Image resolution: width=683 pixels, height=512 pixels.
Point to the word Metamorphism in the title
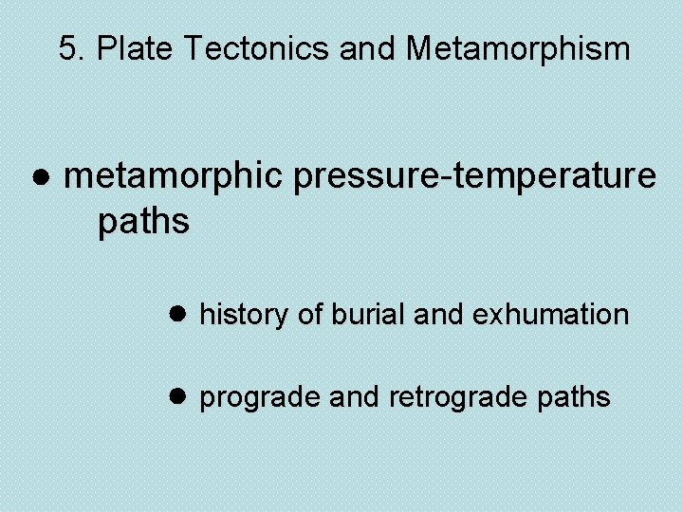[518, 48]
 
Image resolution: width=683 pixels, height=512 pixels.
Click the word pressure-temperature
[474, 175]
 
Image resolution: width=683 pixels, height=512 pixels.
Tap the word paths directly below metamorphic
[144, 222]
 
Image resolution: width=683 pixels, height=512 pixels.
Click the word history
[246, 314]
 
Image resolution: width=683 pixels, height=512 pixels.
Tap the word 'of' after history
[309, 314]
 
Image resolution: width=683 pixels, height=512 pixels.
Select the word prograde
[260, 397]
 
